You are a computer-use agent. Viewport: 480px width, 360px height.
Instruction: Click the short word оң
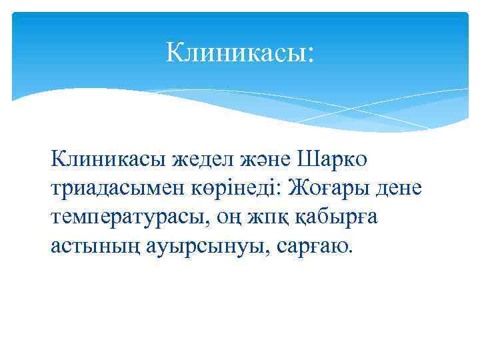coord(224,218)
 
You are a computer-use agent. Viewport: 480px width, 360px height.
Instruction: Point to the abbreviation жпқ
coord(265,218)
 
